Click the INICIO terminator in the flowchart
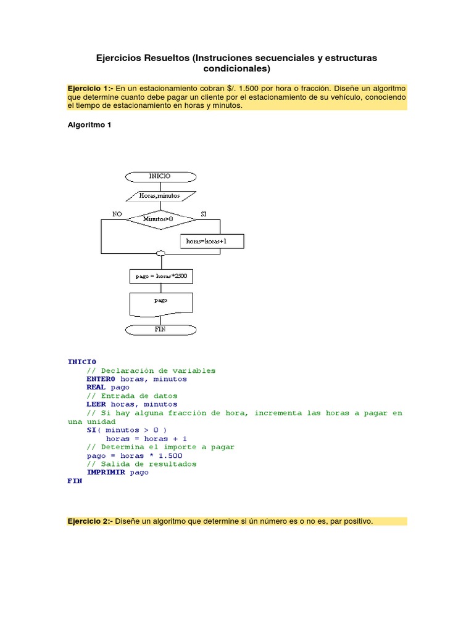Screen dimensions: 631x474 pyautogui.click(x=160, y=176)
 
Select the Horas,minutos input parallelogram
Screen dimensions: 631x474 pyautogui.click(x=160, y=196)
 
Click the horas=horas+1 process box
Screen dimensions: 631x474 pyautogui.click(x=212, y=241)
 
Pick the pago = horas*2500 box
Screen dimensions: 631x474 pyautogui.click(x=161, y=277)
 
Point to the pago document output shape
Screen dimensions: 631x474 pyautogui.click(x=161, y=302)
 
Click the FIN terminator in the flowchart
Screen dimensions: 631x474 pyautogui.click(x=160, y=330)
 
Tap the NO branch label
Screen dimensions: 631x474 pyautogui.click(x=117, y=214)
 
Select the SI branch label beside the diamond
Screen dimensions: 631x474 pyautogui.click(x=204, y=214)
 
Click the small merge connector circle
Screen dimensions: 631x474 pyautogui.click(x=161, y=253)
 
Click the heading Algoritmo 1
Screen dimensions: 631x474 pyautogui.click(x=89, y=125)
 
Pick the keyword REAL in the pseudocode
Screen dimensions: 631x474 pyautogui.click(x=96, y=388)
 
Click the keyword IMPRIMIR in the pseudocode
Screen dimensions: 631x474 pyautogui.click(x=106, y=473)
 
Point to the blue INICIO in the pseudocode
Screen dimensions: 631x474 pyautogui.click(x=81, y=362)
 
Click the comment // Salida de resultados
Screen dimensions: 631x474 pyautogui.click(x=142, y=464)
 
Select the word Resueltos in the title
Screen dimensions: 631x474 pyautogui.click(x=165, y=58)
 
